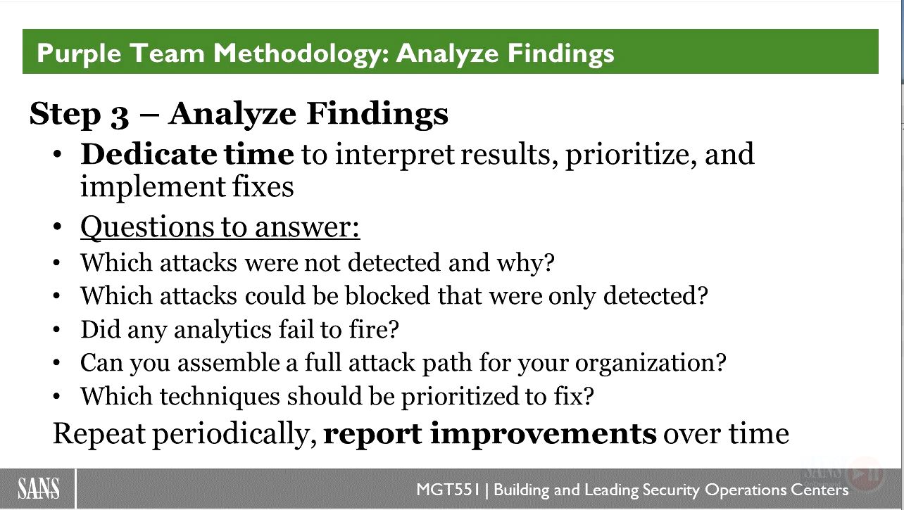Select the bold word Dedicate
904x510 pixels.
[x=149, y=155]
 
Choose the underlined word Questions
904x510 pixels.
[x=146, y=227]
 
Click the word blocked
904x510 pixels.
[x=387, y=295]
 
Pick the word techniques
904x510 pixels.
[x=220, y=397]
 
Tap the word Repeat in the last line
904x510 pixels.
[x=99, y=435]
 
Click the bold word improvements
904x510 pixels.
[x=544, y=435]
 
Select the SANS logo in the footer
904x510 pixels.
[x=38, y=489]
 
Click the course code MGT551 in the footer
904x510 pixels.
[x=448, y=490]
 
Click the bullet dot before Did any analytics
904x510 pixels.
[x=56, y=330]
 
